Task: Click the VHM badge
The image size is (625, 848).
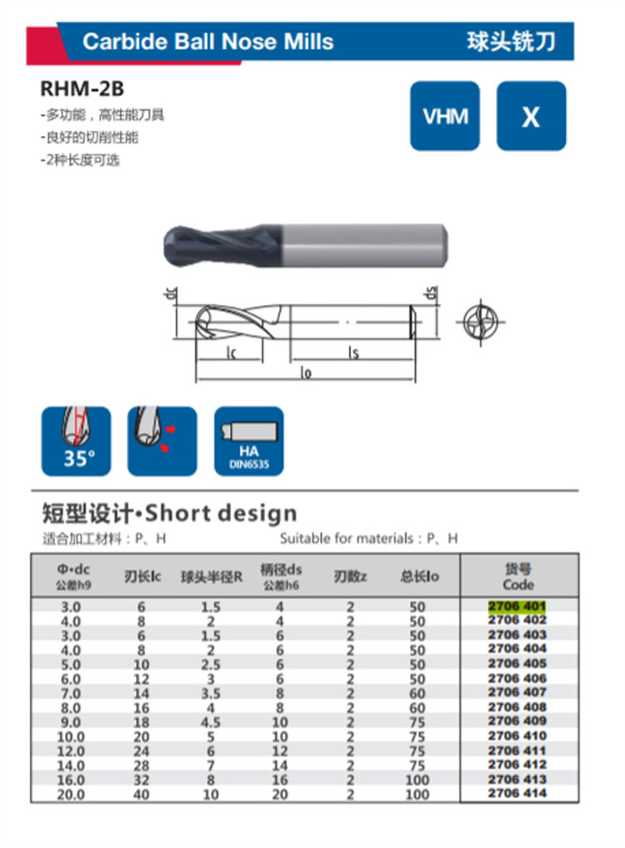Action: pyautogui.click(x=444, y=116)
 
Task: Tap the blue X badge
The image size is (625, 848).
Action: pyautogui.click(x=531, y=116)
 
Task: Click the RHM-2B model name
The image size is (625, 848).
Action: pyautogui.click(x=82, y=88)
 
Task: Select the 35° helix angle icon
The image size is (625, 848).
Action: pyautogui.click(x=76, y=441)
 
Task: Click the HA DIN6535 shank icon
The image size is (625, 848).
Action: pyautogui.click(x=248, y=441)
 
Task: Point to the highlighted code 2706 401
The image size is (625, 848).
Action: pyautogui.click(x=517, y=605)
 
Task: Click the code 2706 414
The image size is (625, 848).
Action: pyautogui.click(x=517, y=793)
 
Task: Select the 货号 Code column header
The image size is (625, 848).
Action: pyautogui.click(x=518, y=576)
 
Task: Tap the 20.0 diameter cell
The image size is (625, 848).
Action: pyautogui.click(x=71, y=795)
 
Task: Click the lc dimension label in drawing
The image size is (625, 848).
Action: pyautogui.click(x=231, y=354)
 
